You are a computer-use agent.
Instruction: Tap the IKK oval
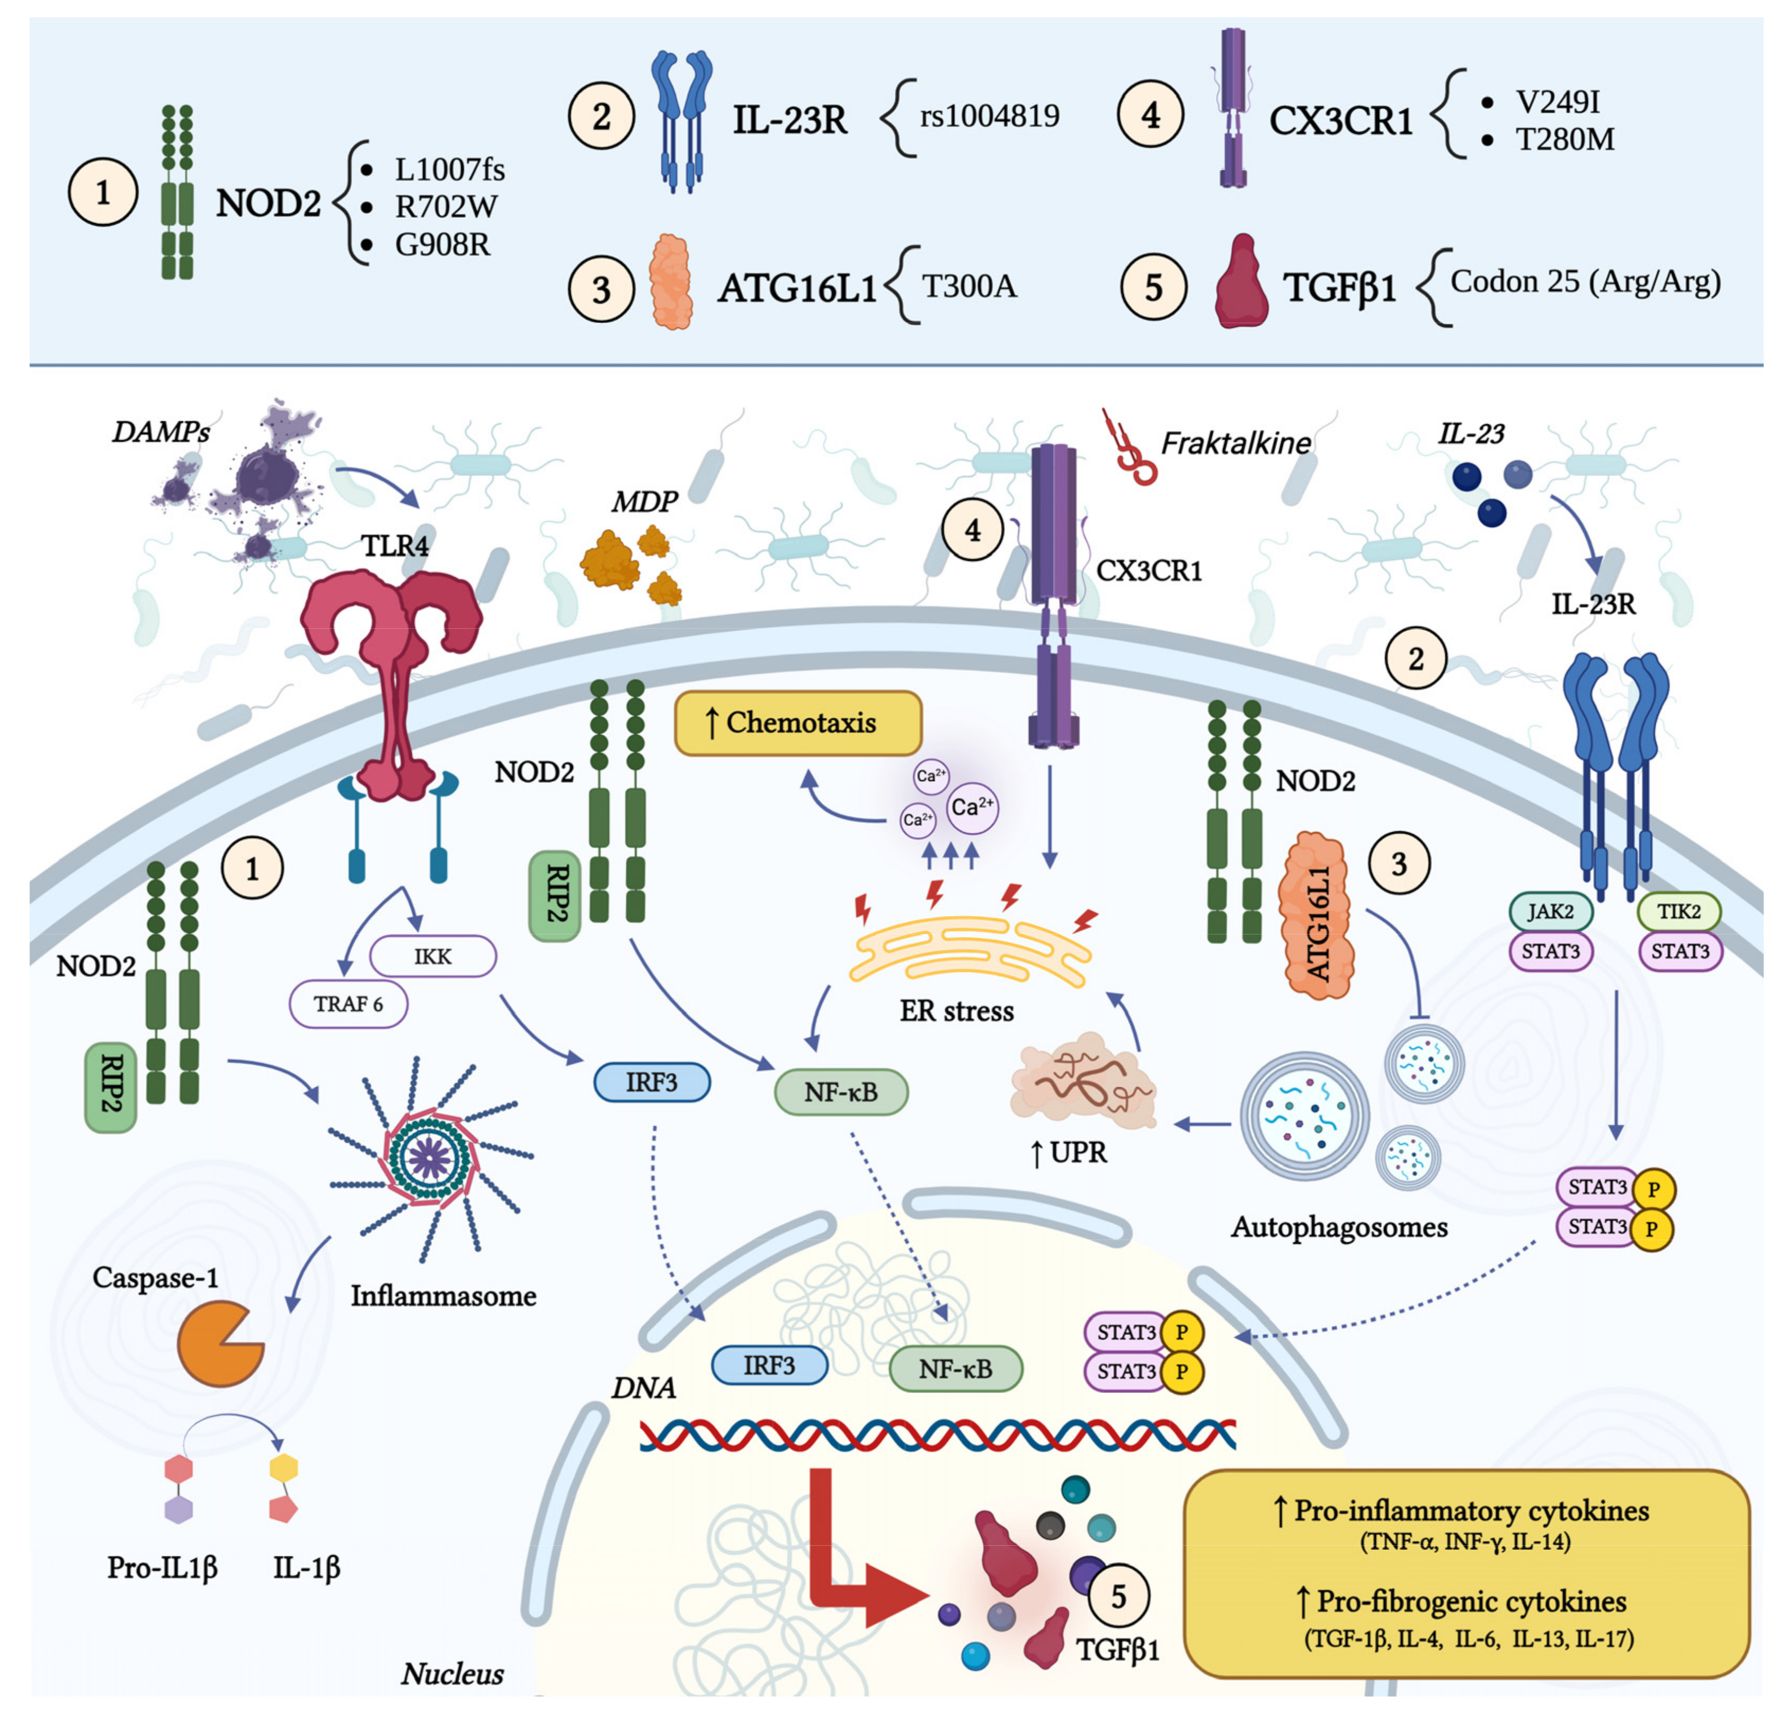(433, 956)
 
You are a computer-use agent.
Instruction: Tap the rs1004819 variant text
(989, 116)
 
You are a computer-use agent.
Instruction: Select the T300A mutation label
(968, 286)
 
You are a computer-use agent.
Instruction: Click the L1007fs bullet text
(449, 170)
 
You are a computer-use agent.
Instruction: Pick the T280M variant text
(1564, 139)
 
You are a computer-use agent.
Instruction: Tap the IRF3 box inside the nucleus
(769, 1365)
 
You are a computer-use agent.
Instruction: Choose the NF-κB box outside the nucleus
(841, 1091)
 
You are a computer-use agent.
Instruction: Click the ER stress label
(956, 1011)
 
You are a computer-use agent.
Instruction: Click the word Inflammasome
(443, 1295)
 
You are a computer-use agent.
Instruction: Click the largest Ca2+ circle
(972, 807)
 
